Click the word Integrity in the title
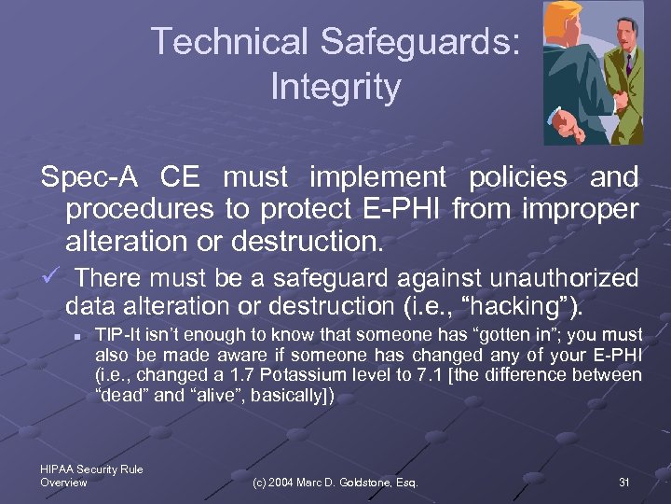(335, 87)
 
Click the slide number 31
(623, 482)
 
